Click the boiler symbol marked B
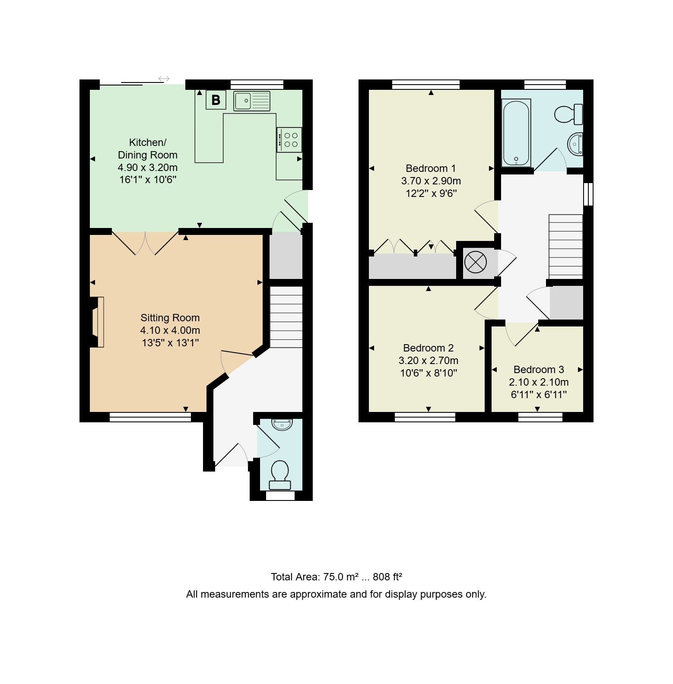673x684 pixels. coord(216,100)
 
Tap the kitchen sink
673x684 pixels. coord(252,101)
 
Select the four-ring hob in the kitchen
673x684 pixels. coord(289,140)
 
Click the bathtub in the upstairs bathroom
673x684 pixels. coord(516,133)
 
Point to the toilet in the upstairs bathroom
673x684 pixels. coord(568,114)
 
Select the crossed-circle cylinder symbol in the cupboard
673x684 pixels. coord(476,262)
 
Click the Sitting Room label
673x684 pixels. coord(170,318)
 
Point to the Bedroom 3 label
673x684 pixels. coord(539,370)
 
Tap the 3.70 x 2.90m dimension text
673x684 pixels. coord(431,181)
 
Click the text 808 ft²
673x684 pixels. coord(387,577)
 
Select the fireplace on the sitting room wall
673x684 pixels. coord(97,322)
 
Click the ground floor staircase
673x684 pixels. coord(286,317)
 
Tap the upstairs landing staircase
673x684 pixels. coord(566,247)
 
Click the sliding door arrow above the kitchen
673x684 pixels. coord(164,79)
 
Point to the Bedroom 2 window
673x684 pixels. coord(425,417)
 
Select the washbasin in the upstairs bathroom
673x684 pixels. coord(575,144)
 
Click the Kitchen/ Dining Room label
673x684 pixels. coord(148,149)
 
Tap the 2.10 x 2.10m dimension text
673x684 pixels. coord(539,382)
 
